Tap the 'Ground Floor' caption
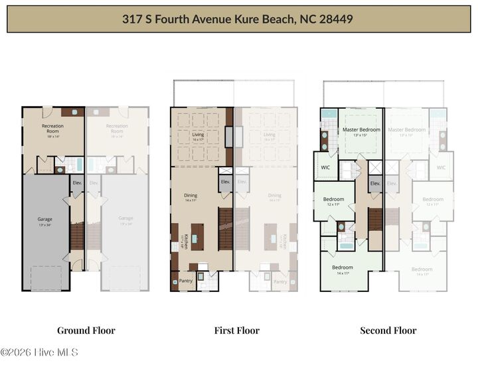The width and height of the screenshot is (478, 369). [86, 331]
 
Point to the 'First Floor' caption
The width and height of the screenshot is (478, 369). [236, 331]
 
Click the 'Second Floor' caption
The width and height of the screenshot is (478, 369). [388, 331]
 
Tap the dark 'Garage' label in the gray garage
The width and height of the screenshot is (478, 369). [44, 218]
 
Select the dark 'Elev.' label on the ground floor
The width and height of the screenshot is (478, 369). [76, 182]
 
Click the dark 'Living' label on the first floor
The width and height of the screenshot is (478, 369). [198, 135]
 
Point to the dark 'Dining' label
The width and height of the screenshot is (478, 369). [191, 195]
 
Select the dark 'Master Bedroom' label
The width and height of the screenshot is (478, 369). [361, 129]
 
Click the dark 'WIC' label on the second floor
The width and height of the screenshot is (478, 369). [325, 167]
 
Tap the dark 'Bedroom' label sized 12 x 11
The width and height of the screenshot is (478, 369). [333, 199]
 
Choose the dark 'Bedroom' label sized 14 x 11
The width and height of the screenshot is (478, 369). [343, 268]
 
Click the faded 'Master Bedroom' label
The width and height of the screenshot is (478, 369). [406, 129]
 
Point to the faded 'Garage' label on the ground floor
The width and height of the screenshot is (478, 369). [125, 218]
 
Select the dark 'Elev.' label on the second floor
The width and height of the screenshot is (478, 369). [375, 183]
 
